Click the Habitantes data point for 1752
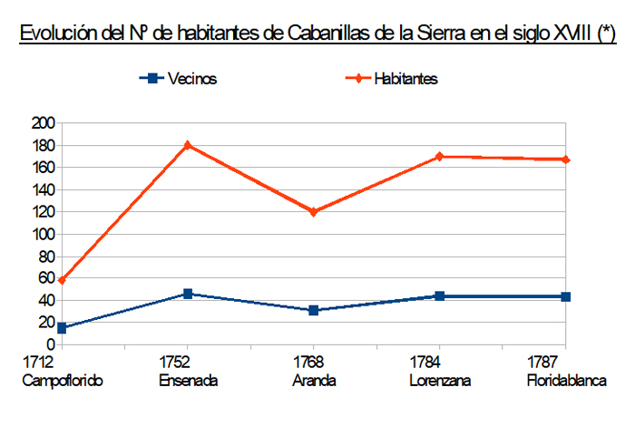pos(188,145)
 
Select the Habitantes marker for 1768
pos(314,212)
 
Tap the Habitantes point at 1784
pos(440,156)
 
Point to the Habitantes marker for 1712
pos(62,281)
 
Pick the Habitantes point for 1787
pos(566,160)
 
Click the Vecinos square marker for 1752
pos(188,294)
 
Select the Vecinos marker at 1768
pos(314,310)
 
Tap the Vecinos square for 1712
pos(62,328)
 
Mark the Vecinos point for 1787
pos(566,296)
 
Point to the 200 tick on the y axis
pos(44,123)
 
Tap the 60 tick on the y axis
pos(47,278)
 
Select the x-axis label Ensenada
pos(188,381)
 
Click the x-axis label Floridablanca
pos(566,381)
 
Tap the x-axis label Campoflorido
pos(62,381)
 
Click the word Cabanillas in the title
pos(344,36)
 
